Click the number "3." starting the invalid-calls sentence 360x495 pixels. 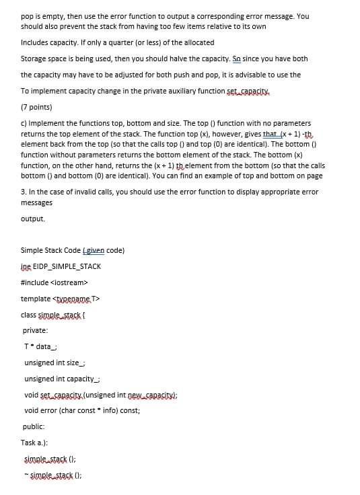pos(24,192)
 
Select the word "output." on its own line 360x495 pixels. pos(33,219)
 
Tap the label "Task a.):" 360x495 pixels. pos(36,442)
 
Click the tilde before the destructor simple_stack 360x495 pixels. pos(25,473)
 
